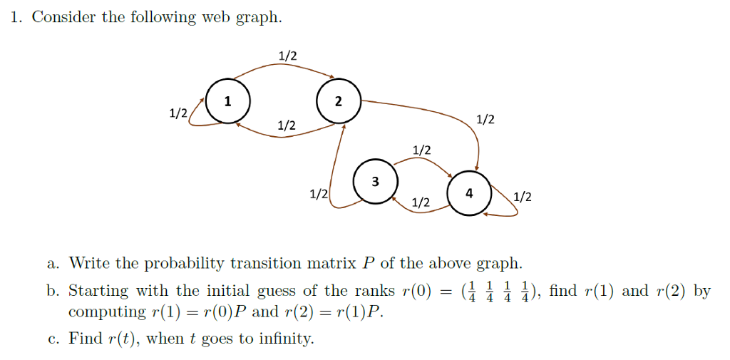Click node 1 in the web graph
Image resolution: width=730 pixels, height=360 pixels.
click(x=227, y=101)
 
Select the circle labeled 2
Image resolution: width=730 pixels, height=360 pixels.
click(x=339, y=101)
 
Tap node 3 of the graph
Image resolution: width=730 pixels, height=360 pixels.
click(x=376, y=181)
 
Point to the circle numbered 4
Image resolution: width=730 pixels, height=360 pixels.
click(x=468, y=193)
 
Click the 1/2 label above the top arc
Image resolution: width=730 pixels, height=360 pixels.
click(x=288, y=56)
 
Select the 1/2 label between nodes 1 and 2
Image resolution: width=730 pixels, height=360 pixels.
click(x=287, y=125)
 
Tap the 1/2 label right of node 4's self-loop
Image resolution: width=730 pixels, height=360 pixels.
click(x=523, y=196)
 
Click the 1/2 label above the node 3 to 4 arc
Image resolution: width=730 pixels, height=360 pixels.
click(x=422, y=150)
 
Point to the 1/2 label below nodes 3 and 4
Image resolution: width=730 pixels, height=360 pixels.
click(x=421, y=203)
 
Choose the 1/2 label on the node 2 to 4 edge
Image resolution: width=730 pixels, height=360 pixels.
click(x=485, y=119)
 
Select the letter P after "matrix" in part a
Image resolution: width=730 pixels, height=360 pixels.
click(x=368, y=263)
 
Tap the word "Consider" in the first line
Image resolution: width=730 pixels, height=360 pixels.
click(x=64, y=17)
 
